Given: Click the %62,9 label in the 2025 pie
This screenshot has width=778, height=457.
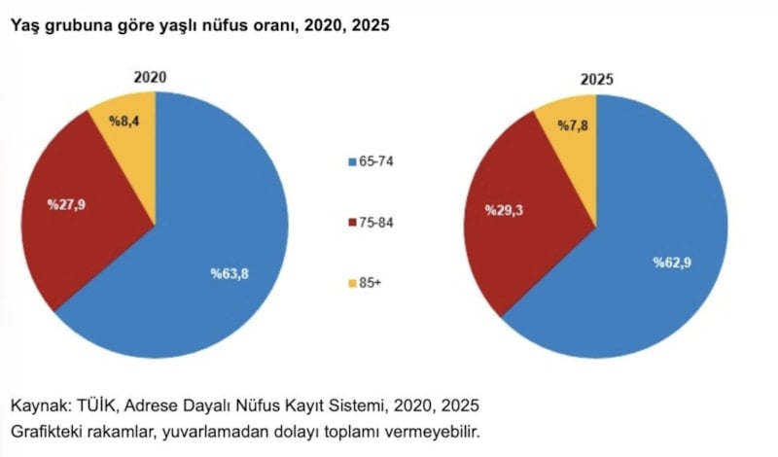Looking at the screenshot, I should tap(672, 263).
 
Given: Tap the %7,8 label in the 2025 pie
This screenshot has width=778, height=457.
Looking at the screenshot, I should tap(572, 125).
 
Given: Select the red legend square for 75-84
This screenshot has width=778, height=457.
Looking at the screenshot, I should tap(352, 223).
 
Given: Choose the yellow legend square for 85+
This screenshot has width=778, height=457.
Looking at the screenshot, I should tap(352, 284).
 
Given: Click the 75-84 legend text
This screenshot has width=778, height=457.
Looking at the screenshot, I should tap(376, 223).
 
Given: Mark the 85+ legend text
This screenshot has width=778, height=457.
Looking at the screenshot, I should tap(371, 284).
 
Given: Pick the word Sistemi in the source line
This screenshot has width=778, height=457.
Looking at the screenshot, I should tap(362, 404).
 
